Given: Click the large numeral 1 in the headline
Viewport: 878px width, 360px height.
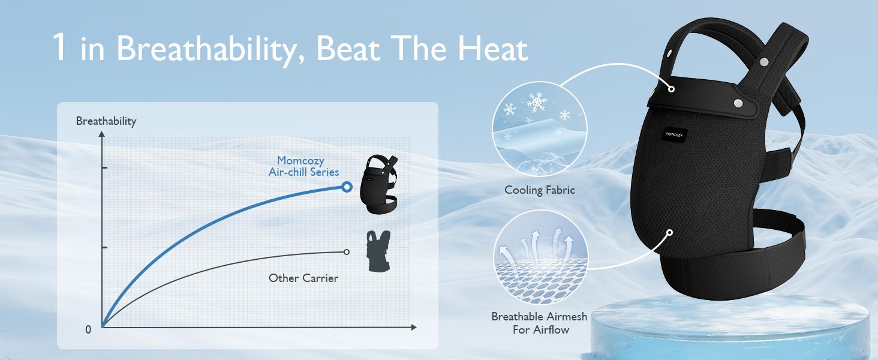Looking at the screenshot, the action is pyautogui.click(x=59, y=47).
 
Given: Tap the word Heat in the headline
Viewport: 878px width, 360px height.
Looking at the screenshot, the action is pyautogui.click(x=492, y=49).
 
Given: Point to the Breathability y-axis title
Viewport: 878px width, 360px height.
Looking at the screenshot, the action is pyautogui.click(x=106, y=121).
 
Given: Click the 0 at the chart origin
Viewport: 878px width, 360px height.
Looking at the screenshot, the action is pyautogui.click(x=88, y=330).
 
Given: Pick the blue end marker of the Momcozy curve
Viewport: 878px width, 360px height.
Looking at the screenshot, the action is pyautogui.click(x=347, y=187).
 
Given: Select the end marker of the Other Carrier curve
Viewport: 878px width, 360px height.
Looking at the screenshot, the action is pyautogui.click(x=347, y=252).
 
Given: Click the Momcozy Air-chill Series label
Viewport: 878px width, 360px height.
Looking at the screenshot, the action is pyautogui.click(x=304, y=166).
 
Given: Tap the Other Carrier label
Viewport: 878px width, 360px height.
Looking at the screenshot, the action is pyautogui.click(x=303, y=278).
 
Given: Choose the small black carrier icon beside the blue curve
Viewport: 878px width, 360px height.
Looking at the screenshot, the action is pyautogui.click(x=378, y=184).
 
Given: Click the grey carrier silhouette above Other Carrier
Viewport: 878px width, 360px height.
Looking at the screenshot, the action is pyautogui.click(x=378, y=251).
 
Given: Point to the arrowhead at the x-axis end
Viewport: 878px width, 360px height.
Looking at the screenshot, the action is pyautogui.click(x=414, y=327).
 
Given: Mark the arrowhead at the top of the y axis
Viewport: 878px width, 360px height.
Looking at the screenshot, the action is pyautogui.click(x=102, y=134).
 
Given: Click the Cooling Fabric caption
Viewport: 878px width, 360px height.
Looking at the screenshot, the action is pyautogui.click(x=540, y=190).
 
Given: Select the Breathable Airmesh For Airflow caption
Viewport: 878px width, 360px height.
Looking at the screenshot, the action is pyautogui.click(x=540, y=323).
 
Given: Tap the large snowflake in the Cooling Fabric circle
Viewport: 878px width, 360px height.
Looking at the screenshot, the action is pyautogui.click(x=537, y=103).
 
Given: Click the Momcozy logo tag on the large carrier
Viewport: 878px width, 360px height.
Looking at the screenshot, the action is pyautogui.click(x=673, y=135).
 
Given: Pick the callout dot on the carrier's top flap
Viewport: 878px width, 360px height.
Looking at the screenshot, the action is pyautogui.click(x=672, y=89).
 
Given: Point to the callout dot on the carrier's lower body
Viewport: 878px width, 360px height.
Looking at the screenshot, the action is pyautogui.click(x=669, y=233).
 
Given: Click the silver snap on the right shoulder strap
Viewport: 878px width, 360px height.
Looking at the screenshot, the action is pyautogui.click(x=763, y=62).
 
